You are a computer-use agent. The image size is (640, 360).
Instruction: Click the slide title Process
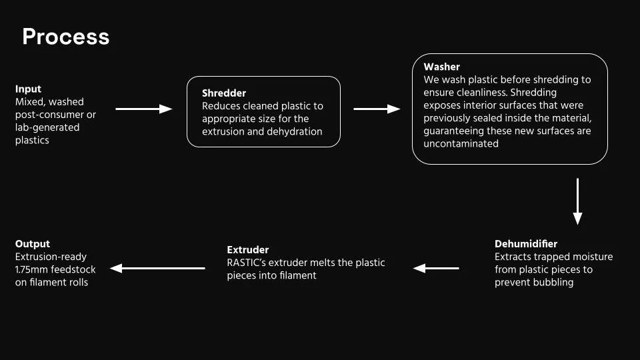(x=65, y=37)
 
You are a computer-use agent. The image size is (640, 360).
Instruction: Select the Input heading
(x=28, y=89)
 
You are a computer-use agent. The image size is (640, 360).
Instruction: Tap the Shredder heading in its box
(x=225, y=93)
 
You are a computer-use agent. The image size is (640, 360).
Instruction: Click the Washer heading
(x=441, y=67)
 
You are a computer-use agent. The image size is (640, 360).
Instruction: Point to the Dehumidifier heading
(x=526, y=244)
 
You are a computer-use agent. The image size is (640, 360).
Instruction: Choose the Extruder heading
(x=247, y=250)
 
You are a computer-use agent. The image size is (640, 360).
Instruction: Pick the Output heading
(x=33, y=244)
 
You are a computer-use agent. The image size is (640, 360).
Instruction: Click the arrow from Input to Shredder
(x=144, y=109)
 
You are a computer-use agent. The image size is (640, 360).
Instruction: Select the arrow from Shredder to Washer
(x=377, y=109)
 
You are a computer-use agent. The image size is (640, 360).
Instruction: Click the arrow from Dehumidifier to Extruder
(x=436, y=268)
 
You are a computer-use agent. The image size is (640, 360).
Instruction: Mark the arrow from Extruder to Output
(x=157, y=268)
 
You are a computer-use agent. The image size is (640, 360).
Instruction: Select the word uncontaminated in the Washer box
(x=461, y=143)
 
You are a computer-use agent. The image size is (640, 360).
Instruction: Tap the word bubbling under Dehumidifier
(x=553, y=282)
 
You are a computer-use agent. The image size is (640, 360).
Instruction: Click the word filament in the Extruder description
(x=298, y=275)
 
